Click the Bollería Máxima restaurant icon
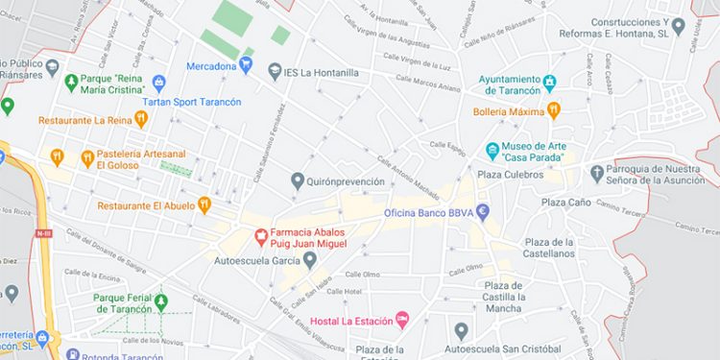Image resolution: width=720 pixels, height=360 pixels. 553,111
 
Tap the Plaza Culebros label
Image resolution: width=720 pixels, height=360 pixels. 510,175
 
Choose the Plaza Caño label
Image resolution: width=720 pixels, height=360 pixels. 565,202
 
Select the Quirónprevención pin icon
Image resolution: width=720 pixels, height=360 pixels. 298,180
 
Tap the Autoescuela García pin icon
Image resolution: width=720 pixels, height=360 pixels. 310,259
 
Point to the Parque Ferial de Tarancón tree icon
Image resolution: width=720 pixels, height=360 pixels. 161,303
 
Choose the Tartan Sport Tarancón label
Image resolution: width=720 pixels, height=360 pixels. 191,101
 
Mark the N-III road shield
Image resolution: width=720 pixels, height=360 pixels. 42,232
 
